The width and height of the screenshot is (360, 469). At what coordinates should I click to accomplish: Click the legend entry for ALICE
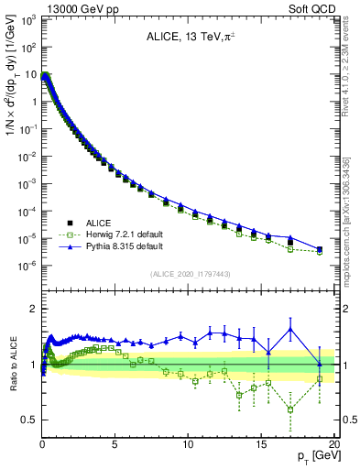pyautogui.click(x=96, y=223)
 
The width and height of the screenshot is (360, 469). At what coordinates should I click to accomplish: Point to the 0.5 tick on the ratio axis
pyautogui.click(x=29, y=420)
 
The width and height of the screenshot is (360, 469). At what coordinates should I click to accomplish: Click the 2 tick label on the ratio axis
pyautogui.click(x=33, y=309)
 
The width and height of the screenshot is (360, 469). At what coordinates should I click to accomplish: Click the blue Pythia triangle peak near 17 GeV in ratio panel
pyautogui.click(x=290, y=329)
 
